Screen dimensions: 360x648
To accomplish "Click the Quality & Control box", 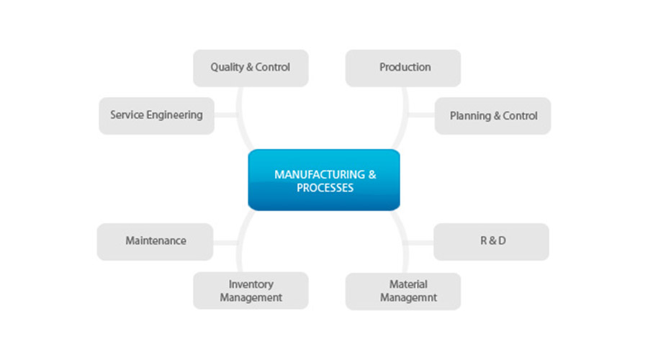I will pos(251,68).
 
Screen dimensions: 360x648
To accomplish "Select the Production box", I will pos(403,68).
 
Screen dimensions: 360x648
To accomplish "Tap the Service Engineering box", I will pos(156,115).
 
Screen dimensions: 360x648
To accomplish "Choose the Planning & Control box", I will pos(493,115).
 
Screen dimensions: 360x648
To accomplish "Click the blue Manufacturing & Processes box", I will pos(324,180).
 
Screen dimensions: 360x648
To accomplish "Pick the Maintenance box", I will pos(155,241).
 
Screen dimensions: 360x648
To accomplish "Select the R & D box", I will pos(492,241).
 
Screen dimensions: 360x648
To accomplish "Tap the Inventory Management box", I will pos(251,291).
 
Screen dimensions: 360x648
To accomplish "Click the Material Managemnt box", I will pos(403,291).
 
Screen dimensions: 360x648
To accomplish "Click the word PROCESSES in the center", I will pos(325,188).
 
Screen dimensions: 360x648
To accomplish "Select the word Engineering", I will pos(176,115).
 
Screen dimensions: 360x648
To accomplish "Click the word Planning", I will pos(471,115).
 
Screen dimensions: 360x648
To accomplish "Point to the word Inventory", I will pos(251,284).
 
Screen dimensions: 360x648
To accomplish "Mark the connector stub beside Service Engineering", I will pos(225,115).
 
